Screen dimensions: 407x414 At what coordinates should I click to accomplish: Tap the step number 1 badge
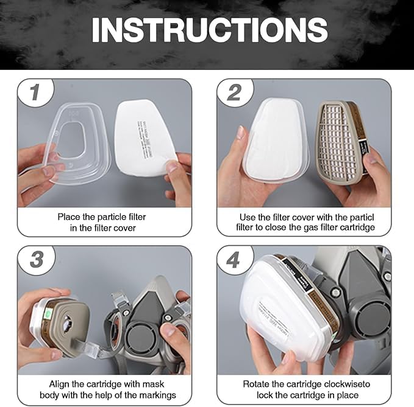click(35, 92)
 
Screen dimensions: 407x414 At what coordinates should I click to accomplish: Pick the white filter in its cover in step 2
click(275, 140)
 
